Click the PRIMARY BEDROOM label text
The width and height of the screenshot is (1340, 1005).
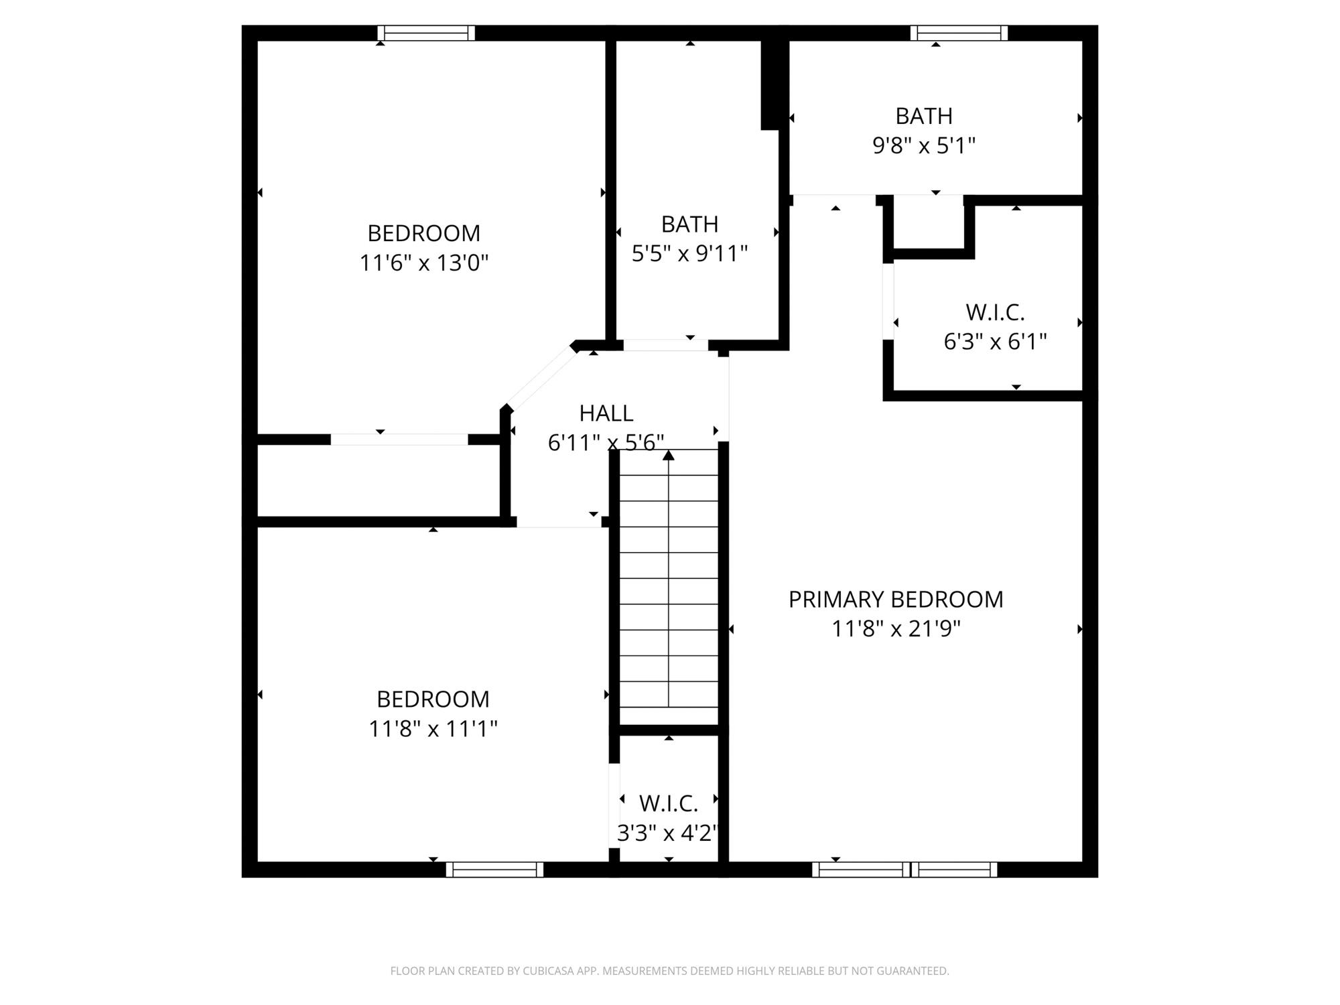[x=896, y=599]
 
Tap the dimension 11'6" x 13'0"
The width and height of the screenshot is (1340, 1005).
[x=423, y=263]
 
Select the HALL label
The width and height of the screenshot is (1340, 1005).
[x=606, y=413]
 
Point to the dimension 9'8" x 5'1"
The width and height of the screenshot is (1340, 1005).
[x=923, y=145]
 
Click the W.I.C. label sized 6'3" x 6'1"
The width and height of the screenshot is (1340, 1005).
[x=995, y=312]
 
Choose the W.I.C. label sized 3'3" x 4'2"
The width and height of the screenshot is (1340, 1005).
[x=668, y=803]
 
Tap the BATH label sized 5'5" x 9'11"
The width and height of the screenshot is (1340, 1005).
[x=689, y=224]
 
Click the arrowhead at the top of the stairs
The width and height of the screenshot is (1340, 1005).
[x=668, y=456]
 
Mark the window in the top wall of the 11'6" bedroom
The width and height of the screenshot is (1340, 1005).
[x=426, y=33]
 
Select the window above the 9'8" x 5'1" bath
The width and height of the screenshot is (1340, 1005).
[x=959, y=33]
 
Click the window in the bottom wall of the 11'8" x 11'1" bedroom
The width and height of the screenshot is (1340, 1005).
[x=494, y=870]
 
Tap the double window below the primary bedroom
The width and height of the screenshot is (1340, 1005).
[x=904, y=870]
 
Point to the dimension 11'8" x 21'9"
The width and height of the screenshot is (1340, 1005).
[x=896, y=628]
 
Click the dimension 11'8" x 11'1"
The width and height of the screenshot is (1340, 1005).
[x=433, y=728]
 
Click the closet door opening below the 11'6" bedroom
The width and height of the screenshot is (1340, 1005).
[x=399, y=440]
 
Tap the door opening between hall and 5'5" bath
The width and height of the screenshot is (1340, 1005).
[x=665, y=345]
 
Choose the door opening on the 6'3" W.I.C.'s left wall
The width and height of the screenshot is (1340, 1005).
[x=888, y=301]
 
